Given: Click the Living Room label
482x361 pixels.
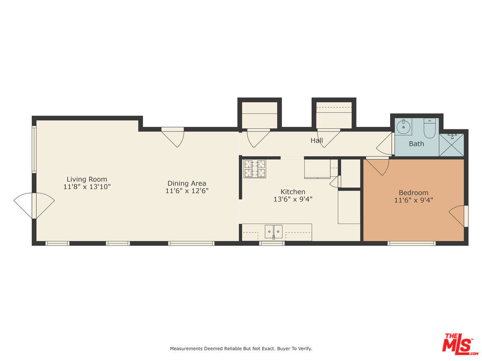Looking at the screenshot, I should tap(87, 179).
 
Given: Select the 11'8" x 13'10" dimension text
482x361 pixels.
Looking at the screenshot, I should tap(87, 187).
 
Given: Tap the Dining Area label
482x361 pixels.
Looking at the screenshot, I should tap(187, 183).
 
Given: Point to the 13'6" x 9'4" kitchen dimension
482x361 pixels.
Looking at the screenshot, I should tap(293, 199).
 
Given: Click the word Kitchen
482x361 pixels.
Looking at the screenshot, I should tap(293, 192).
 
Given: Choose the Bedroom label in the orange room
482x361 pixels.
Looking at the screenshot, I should tap(413, 193).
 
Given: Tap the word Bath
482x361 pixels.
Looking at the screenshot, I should tap(416, 144).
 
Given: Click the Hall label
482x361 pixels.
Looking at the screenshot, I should tap(316, 140).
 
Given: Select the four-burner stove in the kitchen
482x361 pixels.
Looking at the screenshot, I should tap(255, 169).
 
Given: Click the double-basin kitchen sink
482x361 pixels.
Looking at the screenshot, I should tap(274, 231).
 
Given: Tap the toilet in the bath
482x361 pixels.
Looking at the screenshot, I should tap(430, 128).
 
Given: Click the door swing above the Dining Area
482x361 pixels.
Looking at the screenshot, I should tap(173, 136).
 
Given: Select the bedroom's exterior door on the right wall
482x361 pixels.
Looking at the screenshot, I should tap(459, 216).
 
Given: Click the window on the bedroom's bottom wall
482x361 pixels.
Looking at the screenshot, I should tap(411, 243).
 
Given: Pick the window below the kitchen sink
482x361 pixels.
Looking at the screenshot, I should tap(272, 243).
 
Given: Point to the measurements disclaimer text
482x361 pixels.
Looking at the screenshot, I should tap(241, 348).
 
